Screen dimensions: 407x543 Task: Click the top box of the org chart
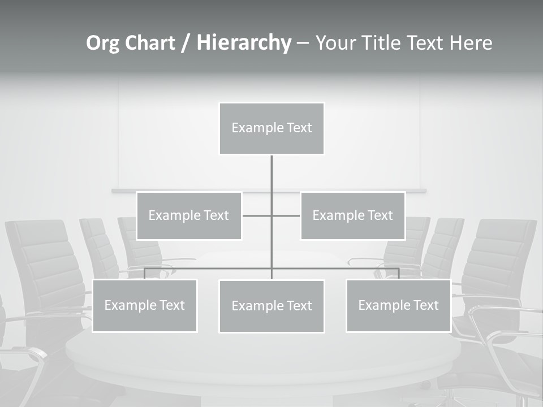[x=271, y=128]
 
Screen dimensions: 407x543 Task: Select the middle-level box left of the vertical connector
[x=189, y=215]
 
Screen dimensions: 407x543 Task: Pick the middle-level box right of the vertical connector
[x=352, y=215]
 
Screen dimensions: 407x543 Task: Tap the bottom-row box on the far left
[x=145, y=305]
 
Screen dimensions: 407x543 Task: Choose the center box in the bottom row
[x=271, y=306]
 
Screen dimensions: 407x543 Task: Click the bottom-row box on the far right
[x=398, y=305]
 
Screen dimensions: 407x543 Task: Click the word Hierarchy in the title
[x=244, y=42]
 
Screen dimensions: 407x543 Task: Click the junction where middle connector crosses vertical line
[x=271, y=215]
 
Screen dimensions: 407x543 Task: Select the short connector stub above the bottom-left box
[x=145, y=274]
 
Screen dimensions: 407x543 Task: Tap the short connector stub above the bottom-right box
[x=398, y=274]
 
